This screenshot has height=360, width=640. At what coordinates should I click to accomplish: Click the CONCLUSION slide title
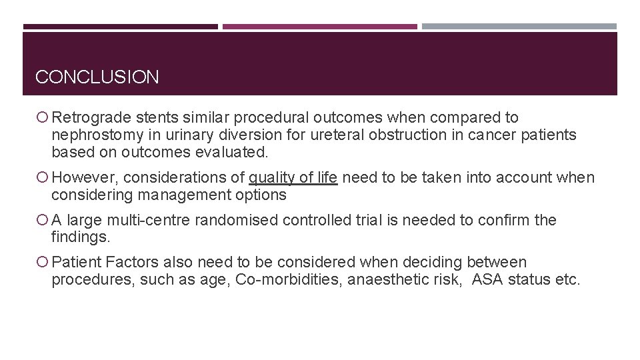[x=97, y=77]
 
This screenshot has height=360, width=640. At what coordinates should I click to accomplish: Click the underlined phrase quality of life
[x=293, y=178]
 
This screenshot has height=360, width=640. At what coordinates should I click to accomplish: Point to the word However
[x=85, y=178]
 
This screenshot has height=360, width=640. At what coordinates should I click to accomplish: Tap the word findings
[x=80, y=238]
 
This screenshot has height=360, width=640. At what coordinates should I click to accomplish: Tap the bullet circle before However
[x=43, y=178]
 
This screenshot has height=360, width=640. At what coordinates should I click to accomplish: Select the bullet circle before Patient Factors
[x=43, y=263]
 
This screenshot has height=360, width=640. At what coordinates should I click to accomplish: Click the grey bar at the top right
[x=519, y=27]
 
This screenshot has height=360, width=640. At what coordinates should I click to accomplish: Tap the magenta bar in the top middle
[x=319, y=27]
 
